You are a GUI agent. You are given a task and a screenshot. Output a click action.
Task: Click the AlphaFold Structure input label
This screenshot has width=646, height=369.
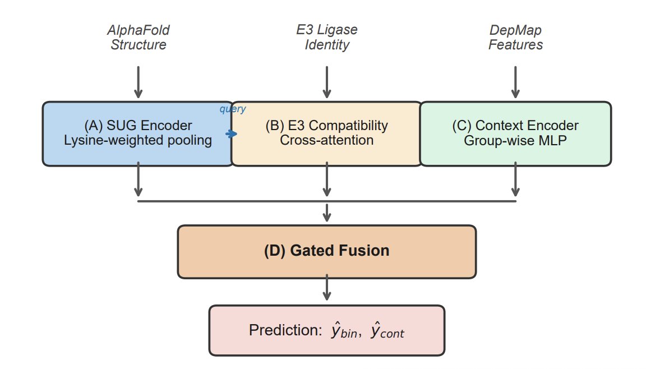click(139, 37)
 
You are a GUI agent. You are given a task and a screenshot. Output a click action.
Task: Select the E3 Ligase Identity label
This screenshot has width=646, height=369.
click(327, 37)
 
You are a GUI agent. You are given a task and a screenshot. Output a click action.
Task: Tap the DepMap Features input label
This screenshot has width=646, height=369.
click(515, 37)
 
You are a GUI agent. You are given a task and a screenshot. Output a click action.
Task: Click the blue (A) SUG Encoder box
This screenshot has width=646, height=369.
click(138, 134)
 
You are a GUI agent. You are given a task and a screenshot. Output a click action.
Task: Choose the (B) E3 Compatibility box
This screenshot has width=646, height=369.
click(327, 134)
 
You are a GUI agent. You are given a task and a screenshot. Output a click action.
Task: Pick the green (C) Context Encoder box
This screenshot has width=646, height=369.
click(515, 134)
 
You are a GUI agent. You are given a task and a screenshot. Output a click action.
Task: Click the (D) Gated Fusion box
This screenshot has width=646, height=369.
click(327, 252)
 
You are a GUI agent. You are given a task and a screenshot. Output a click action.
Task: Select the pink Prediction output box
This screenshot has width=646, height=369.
click(327, 330)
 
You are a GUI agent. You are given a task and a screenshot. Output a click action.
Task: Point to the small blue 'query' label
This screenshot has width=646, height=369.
click(232, 109)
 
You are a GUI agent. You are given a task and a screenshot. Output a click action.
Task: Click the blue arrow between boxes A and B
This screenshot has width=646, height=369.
click(232, 134)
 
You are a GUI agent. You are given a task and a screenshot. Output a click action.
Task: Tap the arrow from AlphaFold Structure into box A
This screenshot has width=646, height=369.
click(139, 82)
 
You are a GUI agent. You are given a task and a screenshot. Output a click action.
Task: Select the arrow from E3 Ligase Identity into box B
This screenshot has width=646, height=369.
click(327, 82)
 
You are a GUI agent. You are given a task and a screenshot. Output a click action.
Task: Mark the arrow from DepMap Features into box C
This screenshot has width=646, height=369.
click(515, 82)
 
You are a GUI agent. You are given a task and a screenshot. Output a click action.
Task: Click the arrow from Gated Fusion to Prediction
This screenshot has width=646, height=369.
click(327, 288)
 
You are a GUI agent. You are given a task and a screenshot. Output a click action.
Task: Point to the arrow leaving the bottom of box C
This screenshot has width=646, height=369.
click(515, 179)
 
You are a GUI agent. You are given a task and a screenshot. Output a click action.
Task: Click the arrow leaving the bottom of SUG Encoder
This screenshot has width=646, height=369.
click(139, 179)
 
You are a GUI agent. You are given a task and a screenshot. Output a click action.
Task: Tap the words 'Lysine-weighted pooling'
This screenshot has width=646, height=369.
click(138, 140)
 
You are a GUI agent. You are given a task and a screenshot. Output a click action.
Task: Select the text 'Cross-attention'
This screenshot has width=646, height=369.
click(327, 140)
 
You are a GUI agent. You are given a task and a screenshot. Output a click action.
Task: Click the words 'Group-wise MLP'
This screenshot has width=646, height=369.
click(515, 140)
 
